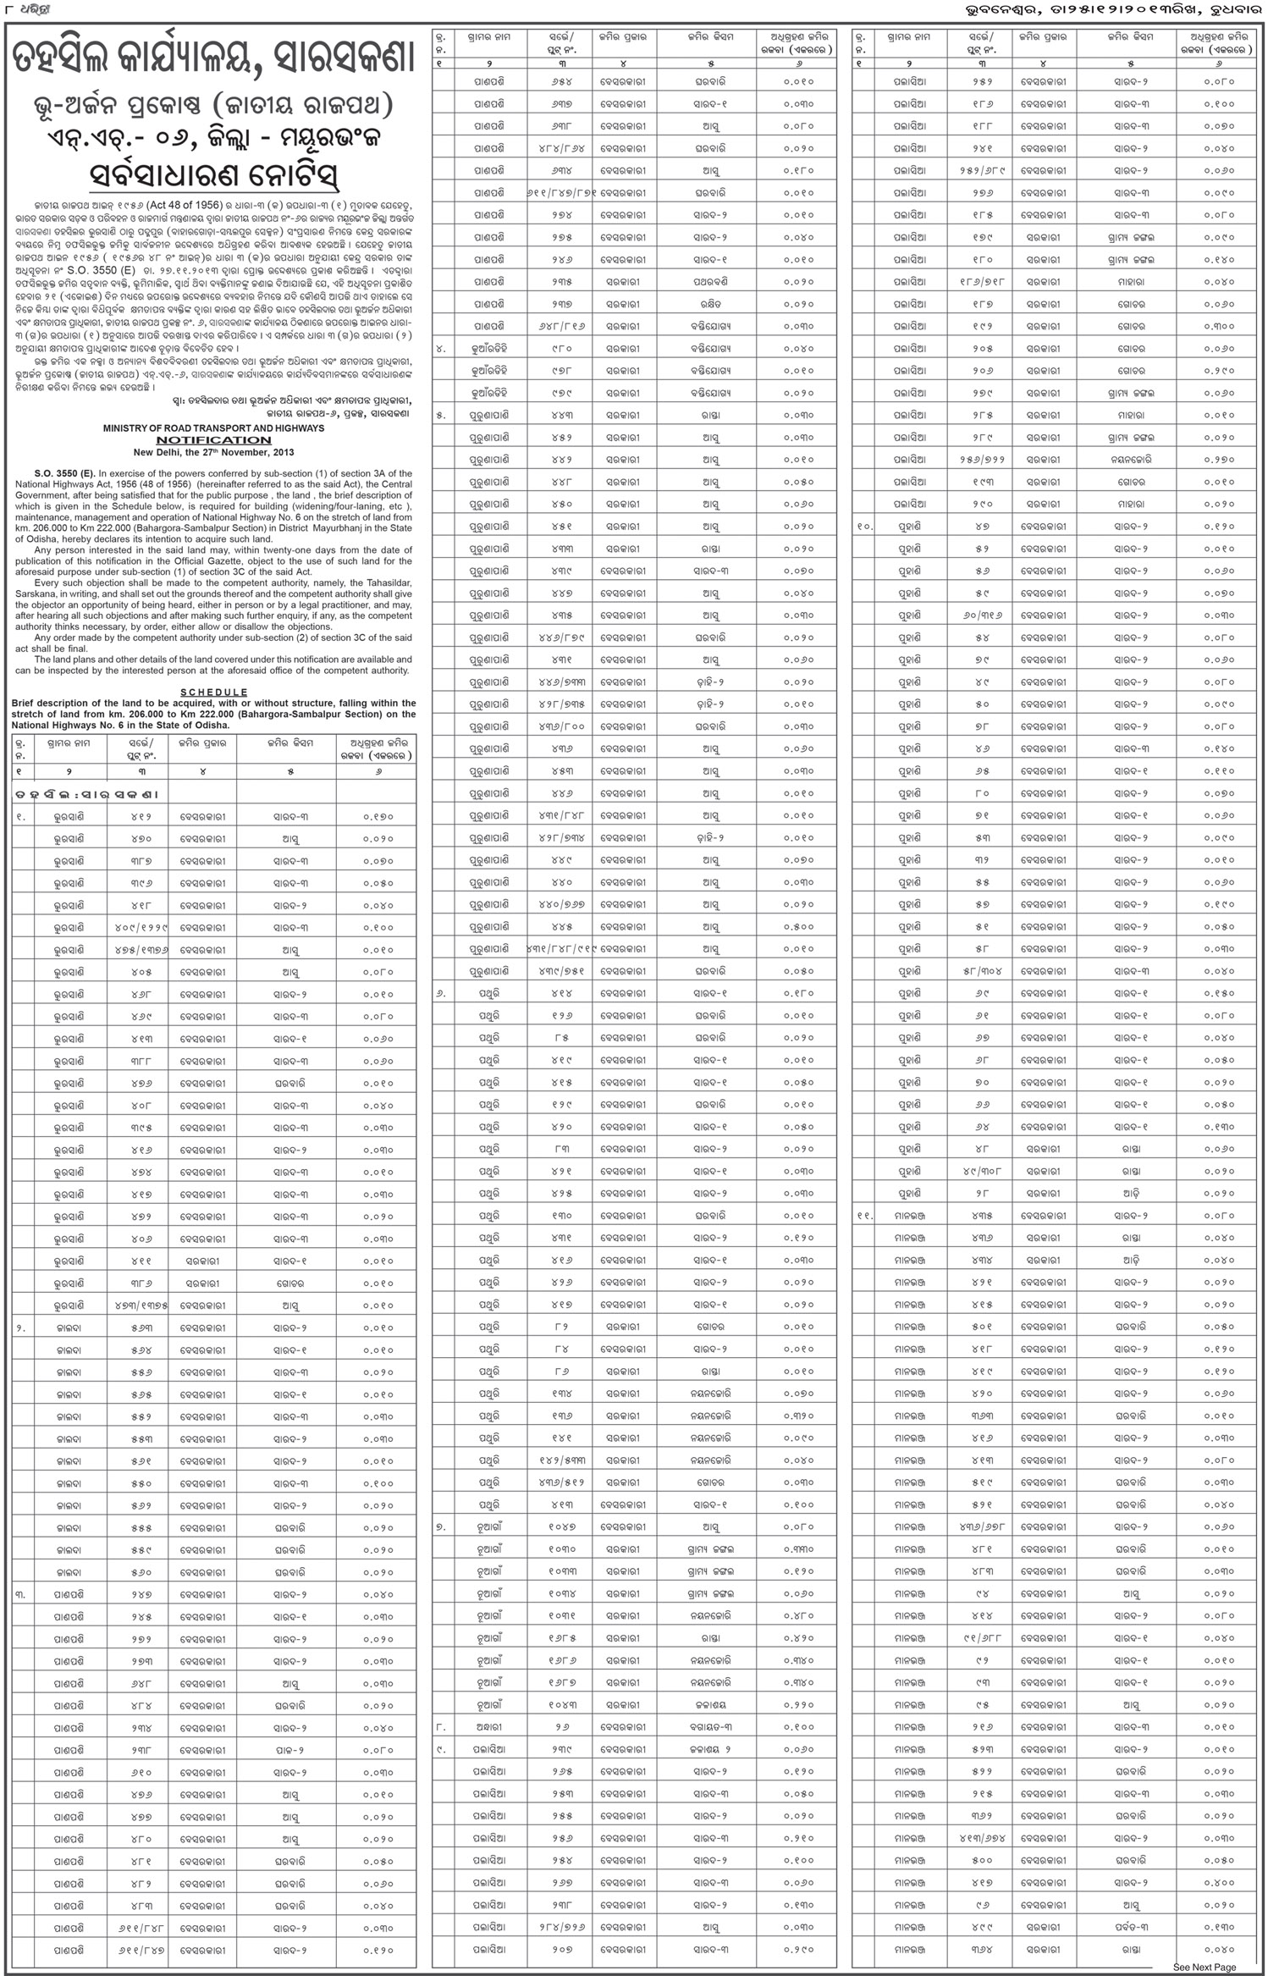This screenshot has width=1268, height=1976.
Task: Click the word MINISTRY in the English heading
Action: tap(127, 428)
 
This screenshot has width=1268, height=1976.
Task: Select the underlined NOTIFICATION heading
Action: tap(213, 440)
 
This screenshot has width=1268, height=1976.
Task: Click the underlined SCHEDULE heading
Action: tap(214, 693)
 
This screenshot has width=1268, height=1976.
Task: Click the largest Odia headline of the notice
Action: tap(213, 64)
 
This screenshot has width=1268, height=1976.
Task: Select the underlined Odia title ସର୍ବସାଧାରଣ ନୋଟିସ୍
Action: tap(213, 179)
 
